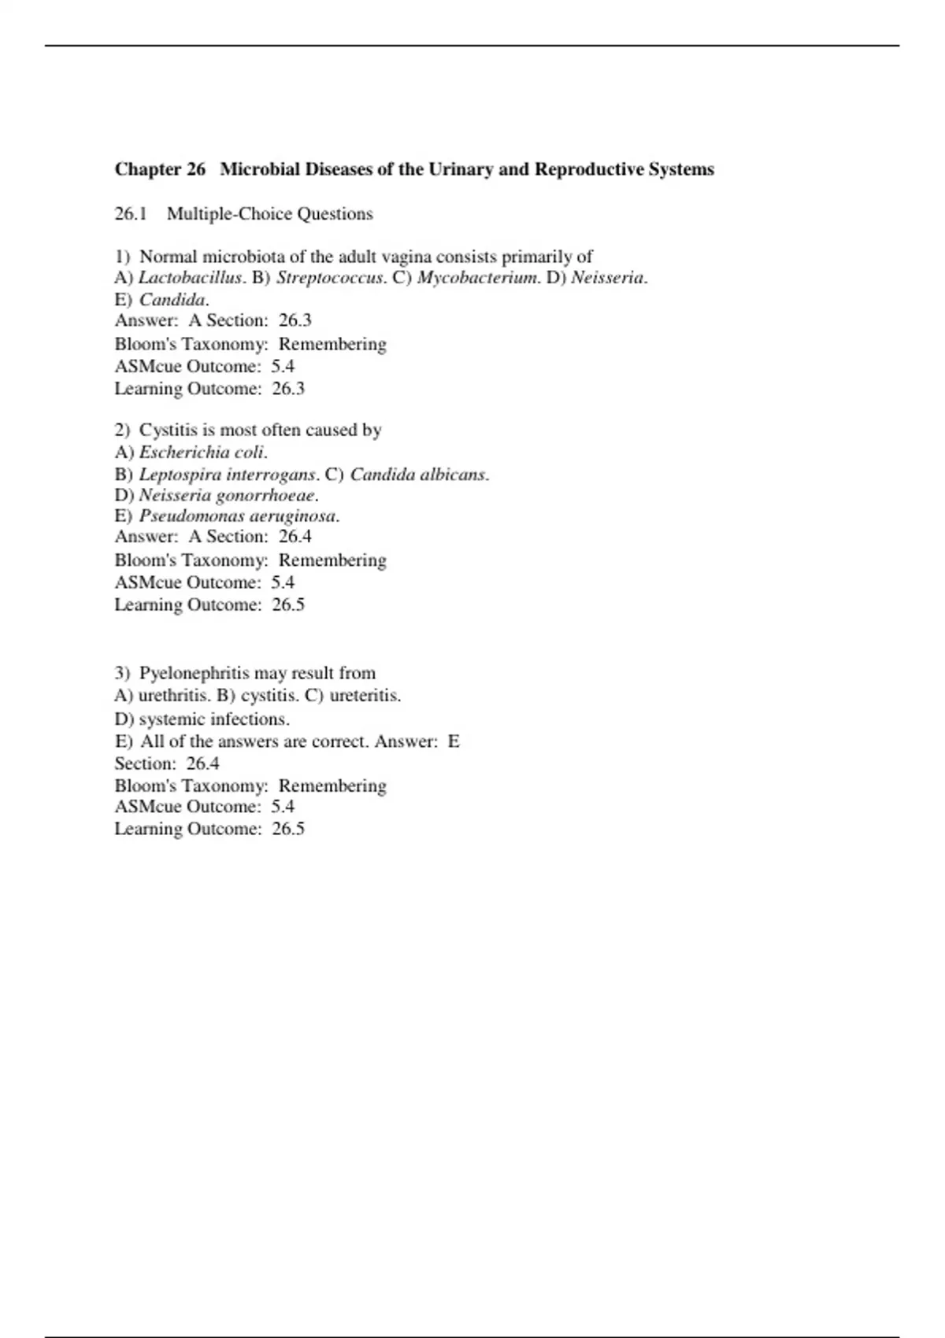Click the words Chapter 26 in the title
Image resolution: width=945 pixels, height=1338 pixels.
(160, 169)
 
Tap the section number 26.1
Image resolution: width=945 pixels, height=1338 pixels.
(131, 214)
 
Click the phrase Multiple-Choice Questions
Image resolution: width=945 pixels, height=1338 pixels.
(269, 214)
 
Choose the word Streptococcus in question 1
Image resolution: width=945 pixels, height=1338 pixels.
(329, 278)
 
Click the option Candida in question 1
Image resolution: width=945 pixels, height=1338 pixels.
(172, 300)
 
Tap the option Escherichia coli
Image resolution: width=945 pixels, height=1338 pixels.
(202, 453)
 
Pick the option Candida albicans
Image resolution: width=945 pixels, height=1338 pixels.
(418, 475)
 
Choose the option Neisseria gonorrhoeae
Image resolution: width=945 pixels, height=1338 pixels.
(228, 496)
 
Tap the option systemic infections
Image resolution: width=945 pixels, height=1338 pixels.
(213, 719)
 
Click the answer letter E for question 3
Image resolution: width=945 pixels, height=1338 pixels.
(454, 741)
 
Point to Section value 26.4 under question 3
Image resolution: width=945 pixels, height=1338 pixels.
(202, 763)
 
